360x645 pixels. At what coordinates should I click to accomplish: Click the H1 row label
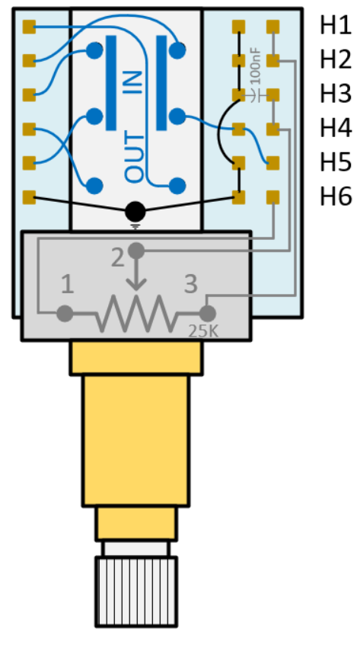click(x=336, y=27)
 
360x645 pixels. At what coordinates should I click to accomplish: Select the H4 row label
click(x=336, y=129)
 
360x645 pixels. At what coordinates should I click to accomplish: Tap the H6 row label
click(x=336, y=196)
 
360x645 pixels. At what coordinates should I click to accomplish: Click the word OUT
click(x=135, y=158)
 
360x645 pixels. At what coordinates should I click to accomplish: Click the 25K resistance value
click(x=203, y=330)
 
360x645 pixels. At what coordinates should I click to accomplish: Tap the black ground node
click(x=135, y=212)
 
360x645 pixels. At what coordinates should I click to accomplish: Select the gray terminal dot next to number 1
click(x=65, y=314)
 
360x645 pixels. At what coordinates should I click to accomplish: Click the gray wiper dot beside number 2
click(x=136, y=250)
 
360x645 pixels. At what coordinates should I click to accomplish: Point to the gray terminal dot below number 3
click(x=208, y=314)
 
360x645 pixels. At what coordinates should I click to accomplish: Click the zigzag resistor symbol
click(x=136, y=314)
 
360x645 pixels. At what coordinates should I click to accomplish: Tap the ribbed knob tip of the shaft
click(x=136, y=592)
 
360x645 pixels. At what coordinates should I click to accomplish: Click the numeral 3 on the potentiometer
click(x=191, y=284)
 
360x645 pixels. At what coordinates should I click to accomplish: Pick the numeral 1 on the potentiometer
click(x=68, y=284)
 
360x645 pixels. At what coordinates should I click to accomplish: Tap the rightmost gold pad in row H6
click(x=273, y=197)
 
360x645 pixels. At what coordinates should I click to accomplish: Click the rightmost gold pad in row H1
click(x=273, y=27)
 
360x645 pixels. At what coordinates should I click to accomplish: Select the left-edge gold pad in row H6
click(x=29, y=197)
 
